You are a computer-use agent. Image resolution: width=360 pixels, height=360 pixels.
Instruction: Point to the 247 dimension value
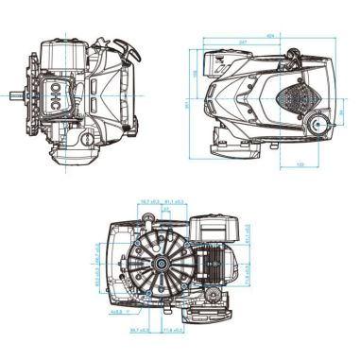pyautogui.click(x=244, y=43)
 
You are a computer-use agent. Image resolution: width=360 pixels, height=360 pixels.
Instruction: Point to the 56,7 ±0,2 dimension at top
pyautogui.click(x=148, y=201)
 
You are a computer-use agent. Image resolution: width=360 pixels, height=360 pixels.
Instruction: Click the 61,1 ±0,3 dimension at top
pyautogui.click(x=176, y=201)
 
